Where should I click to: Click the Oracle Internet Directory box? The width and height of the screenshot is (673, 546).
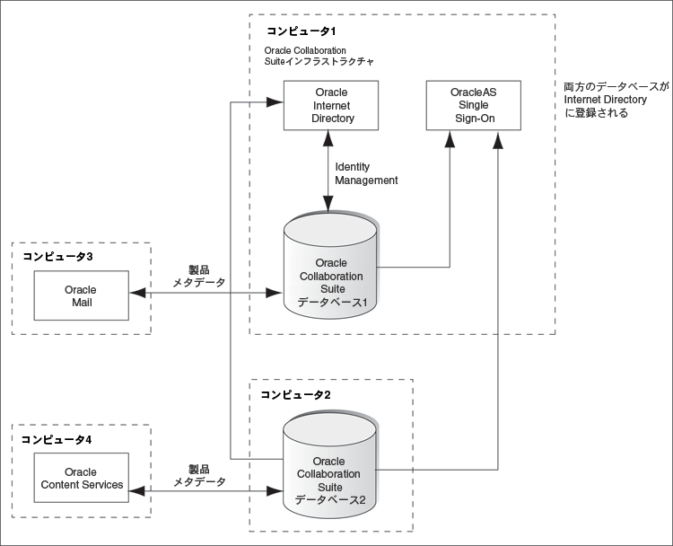coord(330,105)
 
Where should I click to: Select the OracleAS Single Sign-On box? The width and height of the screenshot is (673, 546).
coord(472,105)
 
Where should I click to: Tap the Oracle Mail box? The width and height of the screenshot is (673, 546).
coord(80,295)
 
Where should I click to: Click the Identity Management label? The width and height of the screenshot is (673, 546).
coord(366,173)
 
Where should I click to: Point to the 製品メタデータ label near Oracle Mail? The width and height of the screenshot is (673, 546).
coord(199,275)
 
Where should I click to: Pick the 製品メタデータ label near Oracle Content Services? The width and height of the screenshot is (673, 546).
coord(198,475)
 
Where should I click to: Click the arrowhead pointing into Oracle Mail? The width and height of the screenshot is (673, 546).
coord(135,293)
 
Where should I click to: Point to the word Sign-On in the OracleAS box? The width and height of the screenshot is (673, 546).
coord(472,119)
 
